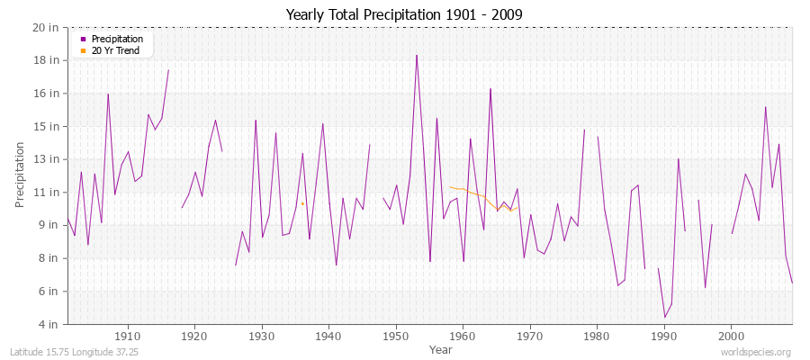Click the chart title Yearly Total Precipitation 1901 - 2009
(x=404, y=15)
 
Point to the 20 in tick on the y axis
(x=47, y=28)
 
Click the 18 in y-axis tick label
(x=47, y=60)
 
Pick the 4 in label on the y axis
(x=49, y=324)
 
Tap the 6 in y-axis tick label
(x=49, y=291)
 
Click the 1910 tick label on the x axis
(x=128, y=335)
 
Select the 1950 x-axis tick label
(x=396, y=335)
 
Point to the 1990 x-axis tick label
(x=664, y=335)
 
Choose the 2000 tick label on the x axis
(x=731, y=335)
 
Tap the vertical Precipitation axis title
(x=21, y=175)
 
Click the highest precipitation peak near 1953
(x=417, y=55)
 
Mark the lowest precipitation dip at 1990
(x=664, y=317)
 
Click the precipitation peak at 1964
(x=490, y=88)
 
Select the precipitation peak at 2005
(x=765, y=107)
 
